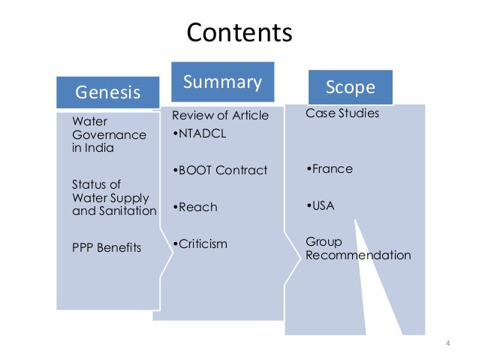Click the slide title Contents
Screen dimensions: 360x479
(x=239, y=33)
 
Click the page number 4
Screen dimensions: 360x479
(x=447, y=344)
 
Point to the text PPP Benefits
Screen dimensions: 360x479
(x=106, y=247)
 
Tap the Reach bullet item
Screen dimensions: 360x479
(x=194, y=207)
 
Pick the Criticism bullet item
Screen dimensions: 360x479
(x=199, y=244)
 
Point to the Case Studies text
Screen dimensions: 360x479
(x=342, y=114)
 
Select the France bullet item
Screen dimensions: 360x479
(x=330, y=169)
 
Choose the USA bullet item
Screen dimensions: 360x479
(x=321, y=206)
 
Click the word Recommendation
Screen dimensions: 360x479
(x=358, y=256)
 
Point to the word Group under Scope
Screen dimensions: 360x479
(x=324, y=242)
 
